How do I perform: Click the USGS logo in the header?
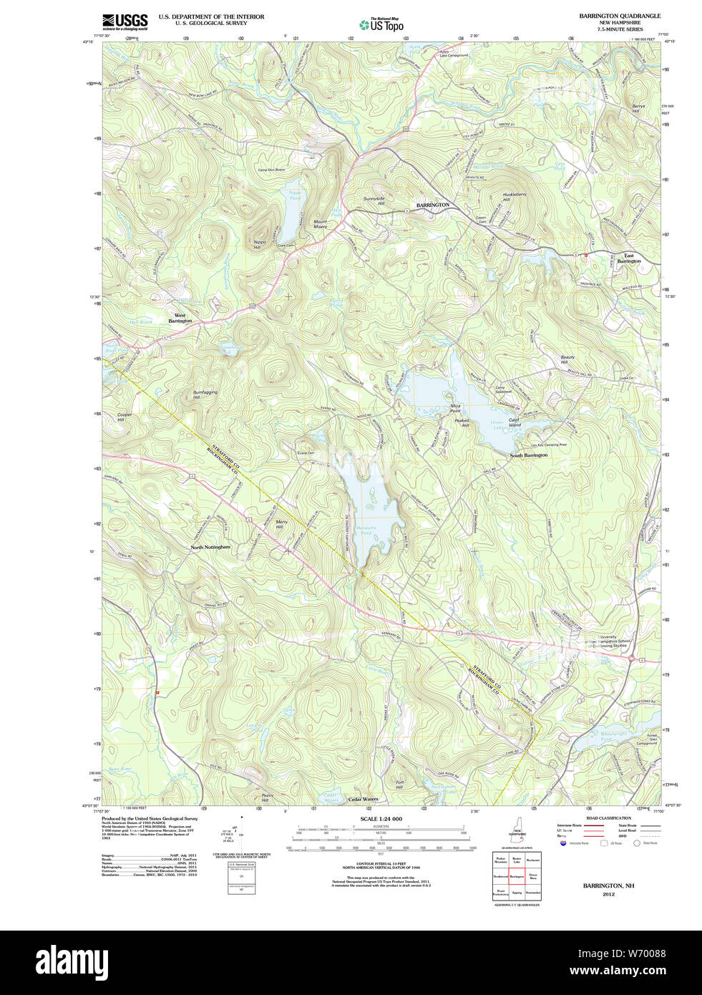pos(125,21)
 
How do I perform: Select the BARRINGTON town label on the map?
pos(433,205)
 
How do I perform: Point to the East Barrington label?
pos(628,258)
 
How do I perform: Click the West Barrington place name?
pos(180,318)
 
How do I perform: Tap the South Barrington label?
pos(528,455)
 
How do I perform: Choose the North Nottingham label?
pos(210,547)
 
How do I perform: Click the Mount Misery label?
pos(320,224)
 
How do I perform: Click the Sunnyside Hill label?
pos(374,201)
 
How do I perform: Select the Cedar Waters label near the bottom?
pos(362,799)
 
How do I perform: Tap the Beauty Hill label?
pos(567,360)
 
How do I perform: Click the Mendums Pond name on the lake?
pos(365,530)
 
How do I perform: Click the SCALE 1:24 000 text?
pos(381,819)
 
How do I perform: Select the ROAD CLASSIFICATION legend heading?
pos(608,817)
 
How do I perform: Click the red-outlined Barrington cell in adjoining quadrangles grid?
pos(517,876)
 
